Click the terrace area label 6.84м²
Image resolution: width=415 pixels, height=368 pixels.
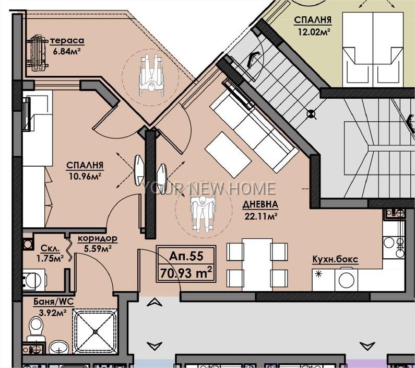pos(66,51)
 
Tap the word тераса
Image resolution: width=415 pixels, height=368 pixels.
pos(67,41)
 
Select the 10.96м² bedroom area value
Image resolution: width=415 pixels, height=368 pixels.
pos(85,176)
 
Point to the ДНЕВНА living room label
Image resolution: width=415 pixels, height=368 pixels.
pos(260,204)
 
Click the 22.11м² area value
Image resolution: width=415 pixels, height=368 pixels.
pos(260,216)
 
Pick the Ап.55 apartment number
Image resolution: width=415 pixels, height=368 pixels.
pos(186,256)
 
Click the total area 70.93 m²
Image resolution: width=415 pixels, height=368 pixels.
pos(186,273)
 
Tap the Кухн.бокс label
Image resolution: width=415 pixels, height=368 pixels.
pos(335,259)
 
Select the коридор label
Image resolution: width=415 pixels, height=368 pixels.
pos(98,238)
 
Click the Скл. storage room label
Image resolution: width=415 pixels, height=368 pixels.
pos(50,248)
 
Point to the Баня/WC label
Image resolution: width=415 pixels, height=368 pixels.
pos(53,302)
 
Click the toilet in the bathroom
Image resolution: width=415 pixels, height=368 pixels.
pos(35,328)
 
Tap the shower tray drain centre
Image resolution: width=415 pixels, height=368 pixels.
pos(96,331)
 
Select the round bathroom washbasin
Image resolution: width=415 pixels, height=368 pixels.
pos(59,346)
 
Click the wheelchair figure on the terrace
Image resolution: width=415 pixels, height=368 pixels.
pos(151,75)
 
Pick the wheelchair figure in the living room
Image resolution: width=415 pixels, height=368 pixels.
pos(203,214)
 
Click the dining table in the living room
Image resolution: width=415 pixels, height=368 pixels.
pos(257,265)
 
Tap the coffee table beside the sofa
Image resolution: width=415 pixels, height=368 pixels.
pos(228,154)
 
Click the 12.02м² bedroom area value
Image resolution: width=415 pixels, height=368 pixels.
pos(314,32)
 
